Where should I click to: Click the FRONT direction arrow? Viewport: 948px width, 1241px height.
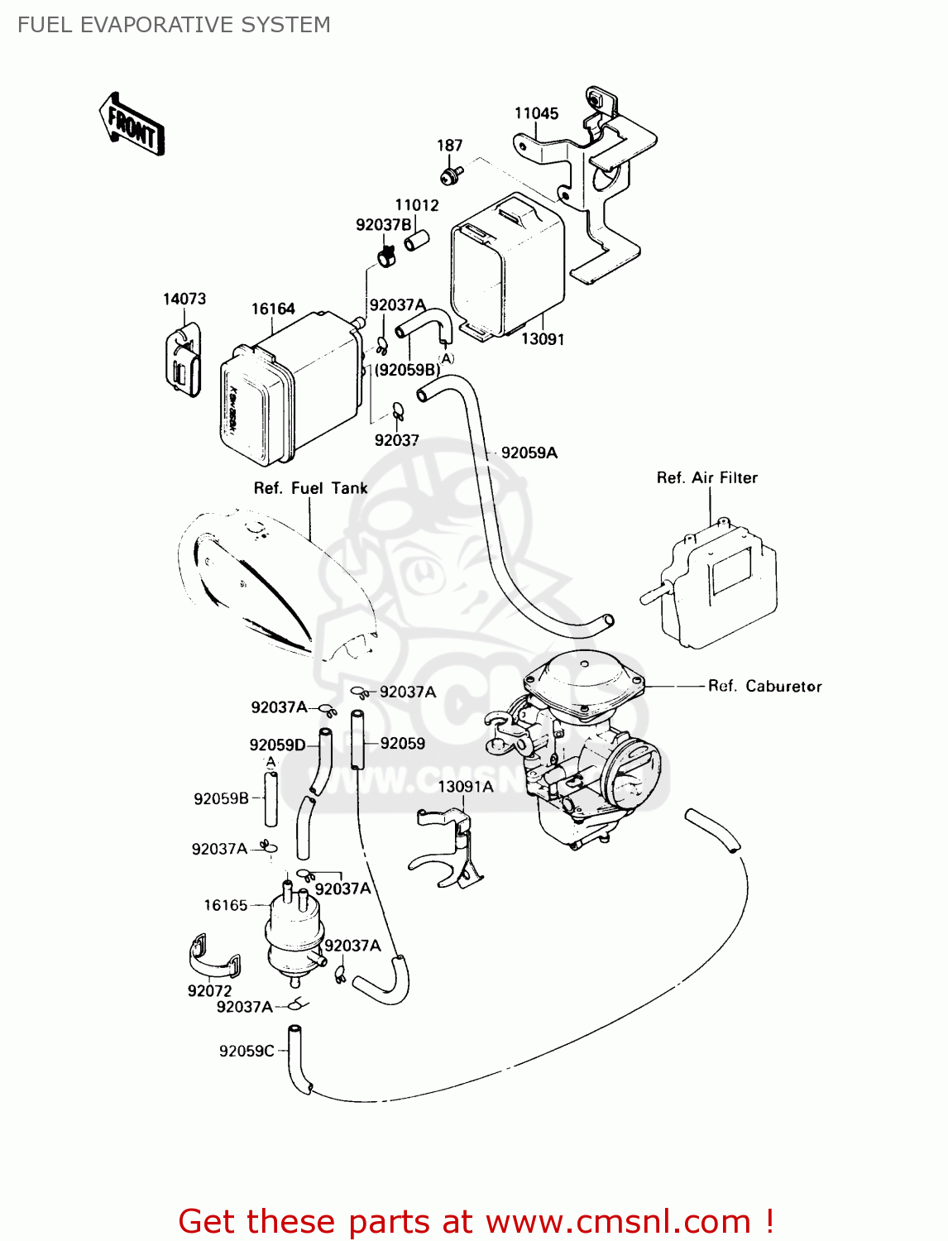point(132,125)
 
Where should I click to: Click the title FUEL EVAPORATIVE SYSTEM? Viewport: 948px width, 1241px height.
point(174,25)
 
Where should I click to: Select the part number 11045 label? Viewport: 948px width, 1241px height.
point(536,113)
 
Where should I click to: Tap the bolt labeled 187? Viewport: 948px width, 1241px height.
point(451,175)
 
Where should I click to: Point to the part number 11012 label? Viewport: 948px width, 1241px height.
point(416,205)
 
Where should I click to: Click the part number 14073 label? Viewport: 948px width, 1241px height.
point(184,299)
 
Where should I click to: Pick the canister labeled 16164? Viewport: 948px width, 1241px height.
point(290,389)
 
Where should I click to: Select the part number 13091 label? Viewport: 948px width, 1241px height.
point(542,339)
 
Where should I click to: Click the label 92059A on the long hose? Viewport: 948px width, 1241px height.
point(529,453)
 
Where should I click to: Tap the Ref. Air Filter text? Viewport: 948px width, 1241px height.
point(706,477)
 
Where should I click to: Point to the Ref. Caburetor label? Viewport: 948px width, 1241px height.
point(764,686)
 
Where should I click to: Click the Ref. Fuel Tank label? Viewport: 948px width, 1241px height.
point(310,488)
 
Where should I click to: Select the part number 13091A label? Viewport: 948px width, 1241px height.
point(465,786)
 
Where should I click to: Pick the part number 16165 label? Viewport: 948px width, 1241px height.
point(226,905)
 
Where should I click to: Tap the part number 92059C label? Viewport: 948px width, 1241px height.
point(246,1051)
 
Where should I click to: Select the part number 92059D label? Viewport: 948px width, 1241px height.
point(277,745)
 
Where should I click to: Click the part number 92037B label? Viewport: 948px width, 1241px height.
point(383,225)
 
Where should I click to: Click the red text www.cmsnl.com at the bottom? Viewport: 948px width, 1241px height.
point(618,1221)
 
